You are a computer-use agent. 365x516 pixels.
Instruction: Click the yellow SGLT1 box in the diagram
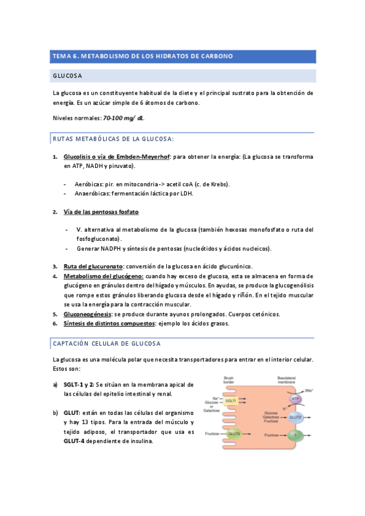pos(231,401)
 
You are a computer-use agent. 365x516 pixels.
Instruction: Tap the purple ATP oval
pos(295,399)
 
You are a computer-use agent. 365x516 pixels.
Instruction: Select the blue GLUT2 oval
pos(296,418)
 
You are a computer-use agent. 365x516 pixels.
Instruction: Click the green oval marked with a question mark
pos(296,436)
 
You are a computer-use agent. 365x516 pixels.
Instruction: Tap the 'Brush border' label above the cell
pos(229,379)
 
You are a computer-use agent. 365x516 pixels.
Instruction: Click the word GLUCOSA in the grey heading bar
pos(68,75)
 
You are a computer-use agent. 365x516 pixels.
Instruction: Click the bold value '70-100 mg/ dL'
pos(124,117)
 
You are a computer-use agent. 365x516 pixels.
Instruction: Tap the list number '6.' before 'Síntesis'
pos(55,324)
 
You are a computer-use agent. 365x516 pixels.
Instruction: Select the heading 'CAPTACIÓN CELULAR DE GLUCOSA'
pos(107,343)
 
